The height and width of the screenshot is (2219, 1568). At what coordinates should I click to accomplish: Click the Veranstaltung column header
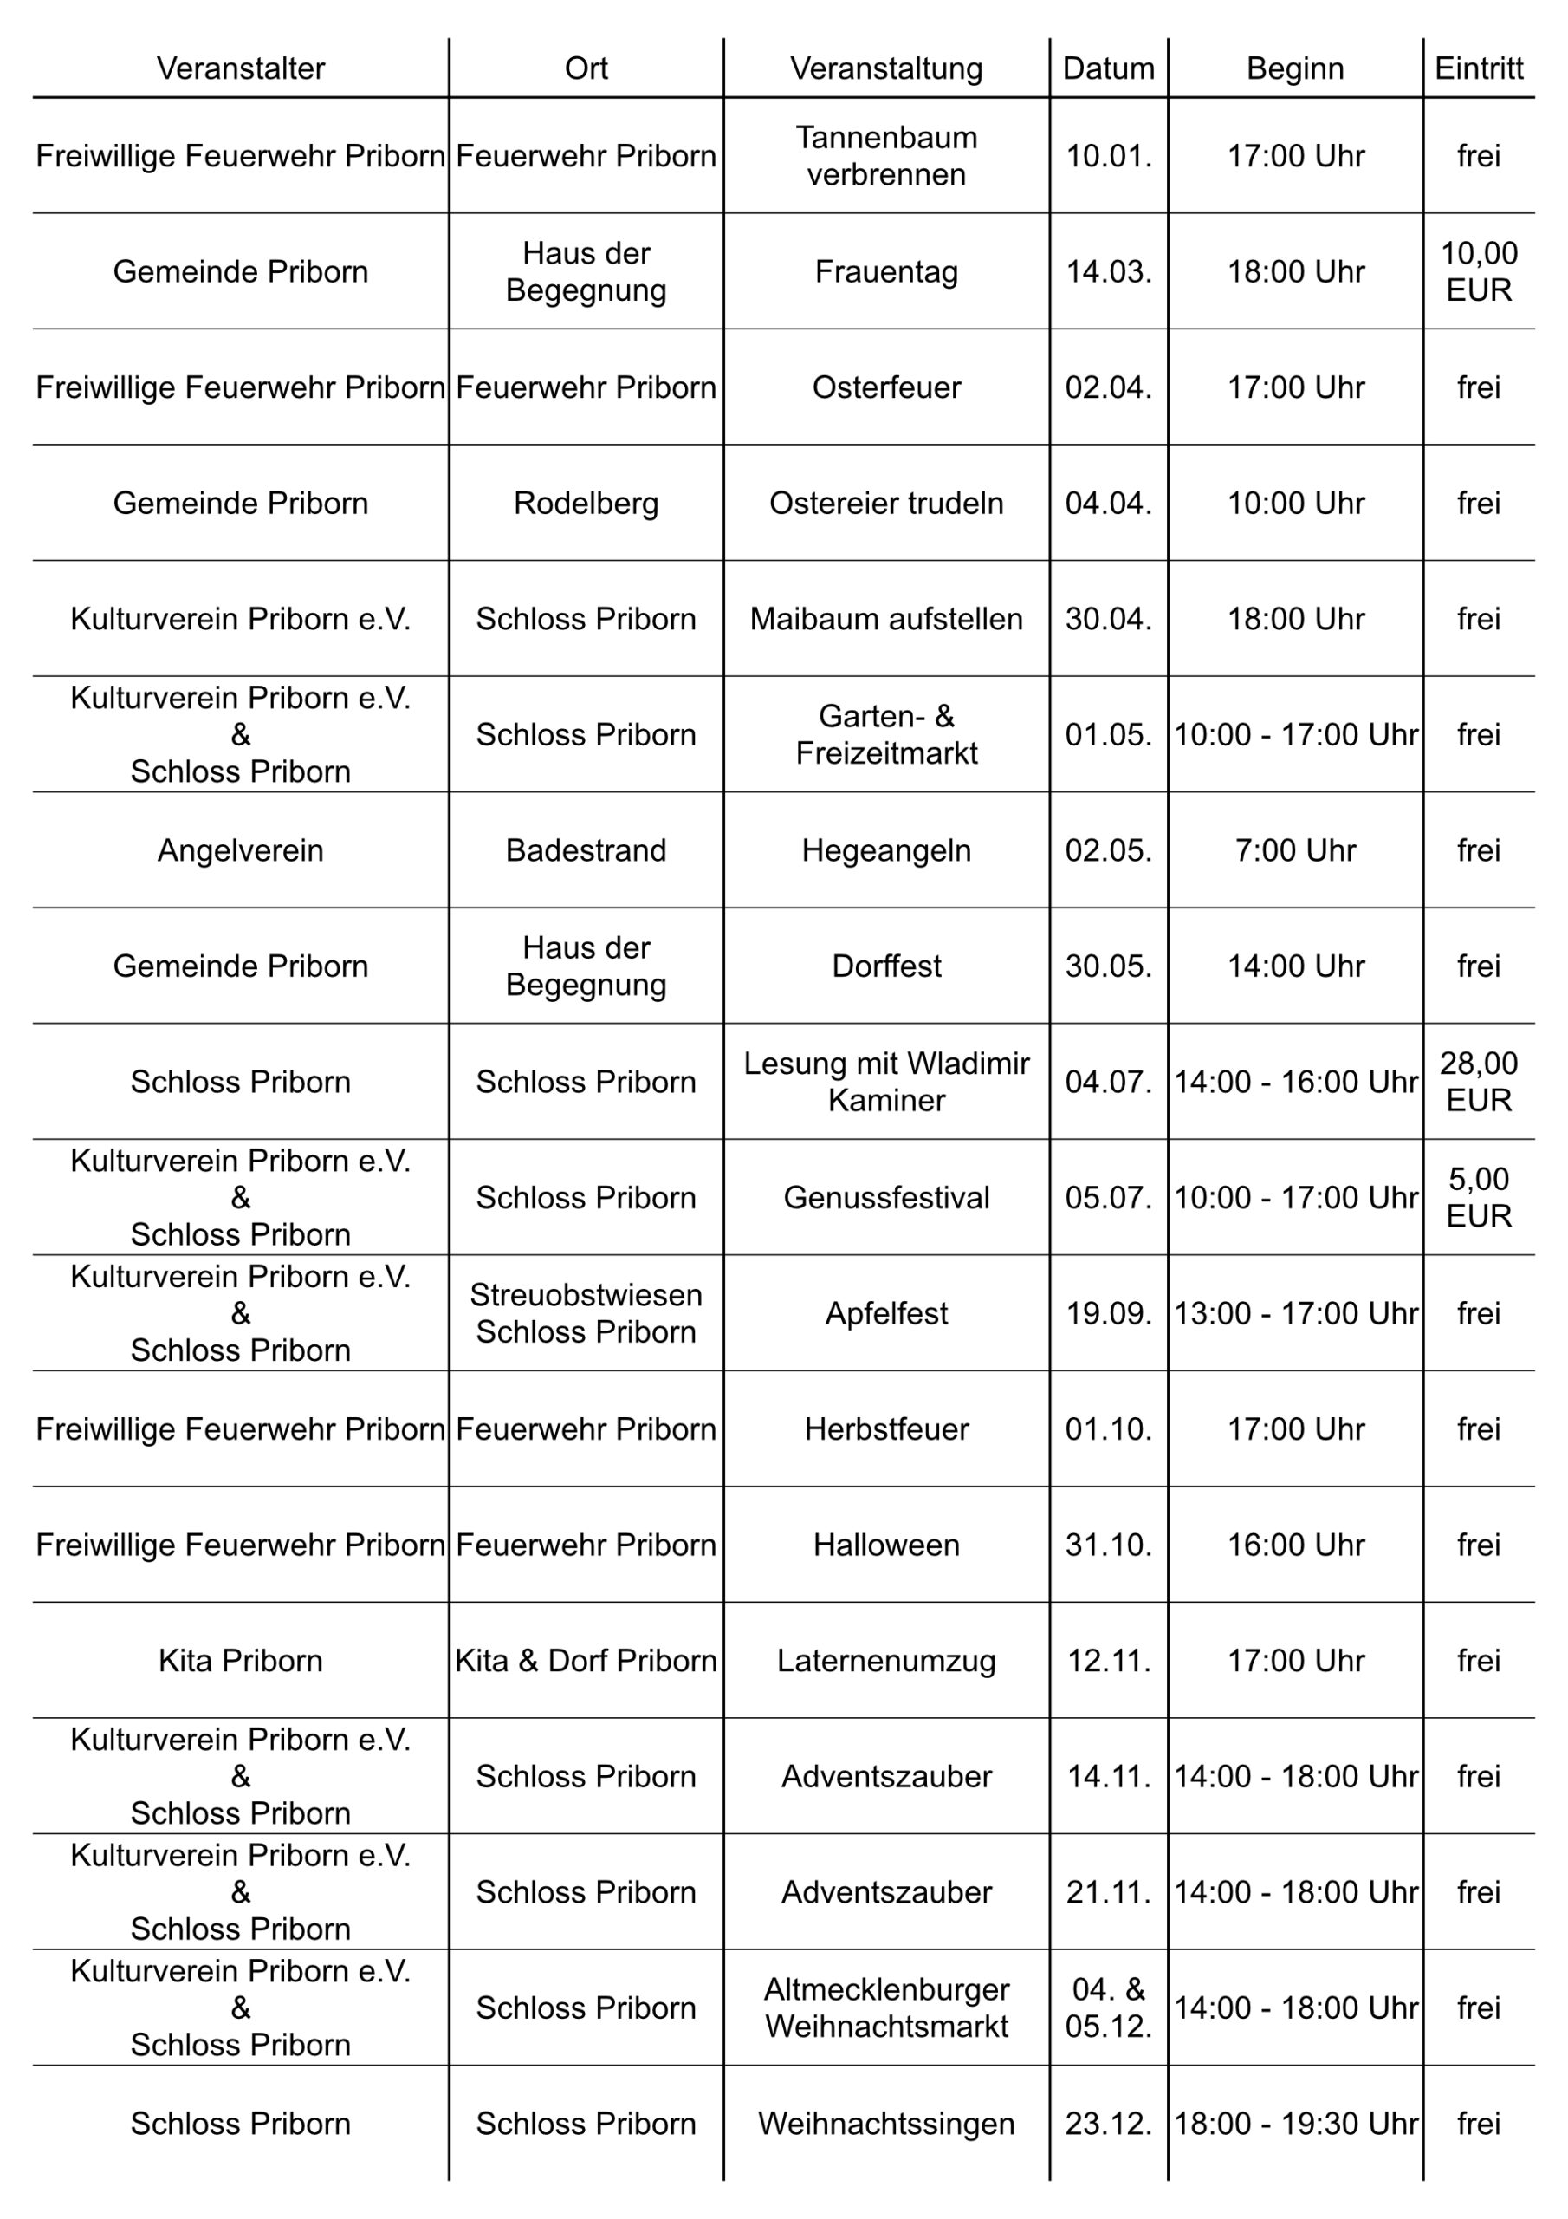(x=886, y=68)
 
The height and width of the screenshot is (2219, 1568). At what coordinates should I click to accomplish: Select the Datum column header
(x=1108, y=68)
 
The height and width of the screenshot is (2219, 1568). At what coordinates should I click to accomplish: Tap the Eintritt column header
(x=1478, y=68)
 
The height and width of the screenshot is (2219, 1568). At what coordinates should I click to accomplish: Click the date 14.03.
(x=1108, y=271)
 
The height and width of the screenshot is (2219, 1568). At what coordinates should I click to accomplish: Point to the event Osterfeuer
(x=886, y=387)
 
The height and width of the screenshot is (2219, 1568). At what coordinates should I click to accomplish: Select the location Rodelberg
(x=586, y=504)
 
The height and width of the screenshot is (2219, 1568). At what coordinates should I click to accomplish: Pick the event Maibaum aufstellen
(x=886, y=619)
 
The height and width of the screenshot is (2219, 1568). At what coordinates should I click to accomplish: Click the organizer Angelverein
(x=241, y=850)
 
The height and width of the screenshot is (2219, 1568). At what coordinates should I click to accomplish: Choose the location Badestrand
(x=586, y=850)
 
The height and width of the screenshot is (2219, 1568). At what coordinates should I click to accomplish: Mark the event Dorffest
(x=886, y=966)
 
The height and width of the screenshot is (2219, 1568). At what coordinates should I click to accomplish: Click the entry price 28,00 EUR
(x=1478, y=1082)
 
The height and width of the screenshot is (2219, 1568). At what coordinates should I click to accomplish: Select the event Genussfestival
(x=886, y=1197)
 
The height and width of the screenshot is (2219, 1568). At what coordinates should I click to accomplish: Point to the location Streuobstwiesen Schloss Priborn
(x=586, y=1313)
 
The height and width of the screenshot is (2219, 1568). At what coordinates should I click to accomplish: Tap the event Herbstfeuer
(x=886, y=1429)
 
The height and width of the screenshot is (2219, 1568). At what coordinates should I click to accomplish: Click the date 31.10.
(x=1108, y=1545)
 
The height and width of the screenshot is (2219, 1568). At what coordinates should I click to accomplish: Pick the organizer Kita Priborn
(x=241, y=1661)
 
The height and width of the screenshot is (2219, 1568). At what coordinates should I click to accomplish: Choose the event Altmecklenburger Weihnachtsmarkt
(x=886, y=2008)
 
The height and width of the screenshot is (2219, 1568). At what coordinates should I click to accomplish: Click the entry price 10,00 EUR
(x=1478, y=271)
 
